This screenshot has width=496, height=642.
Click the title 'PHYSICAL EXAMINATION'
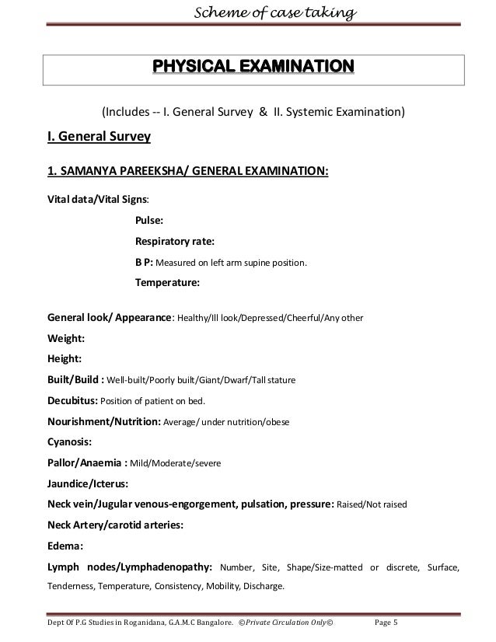(253, 65)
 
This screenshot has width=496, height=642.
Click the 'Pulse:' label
(149, 221)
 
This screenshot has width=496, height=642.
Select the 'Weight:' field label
(67, 339)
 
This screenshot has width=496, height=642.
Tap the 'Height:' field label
(66, 360)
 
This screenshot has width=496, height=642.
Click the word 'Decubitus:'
(73, 401)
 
